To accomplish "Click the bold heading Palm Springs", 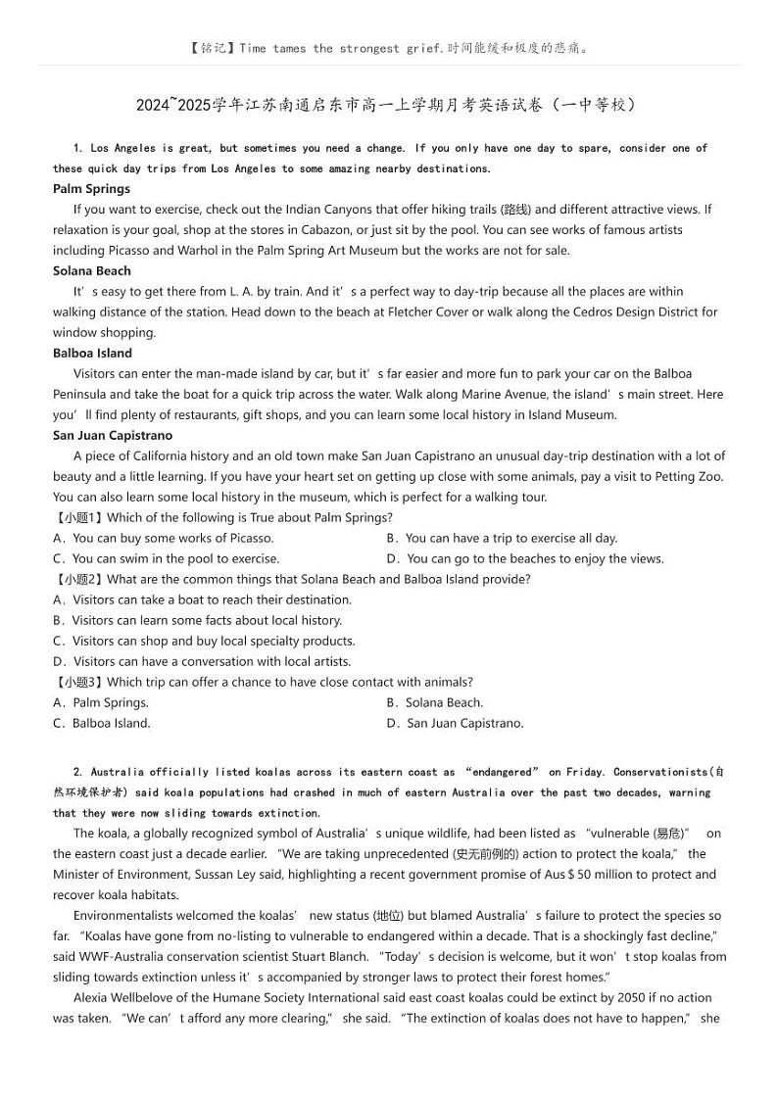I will (x=91, y=189).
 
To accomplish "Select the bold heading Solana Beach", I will (x=92, y=271).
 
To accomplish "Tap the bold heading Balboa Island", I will (x=92, y=354).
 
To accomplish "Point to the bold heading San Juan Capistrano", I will (x=113, y=436).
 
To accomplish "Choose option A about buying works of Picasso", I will (x=163, y=539).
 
